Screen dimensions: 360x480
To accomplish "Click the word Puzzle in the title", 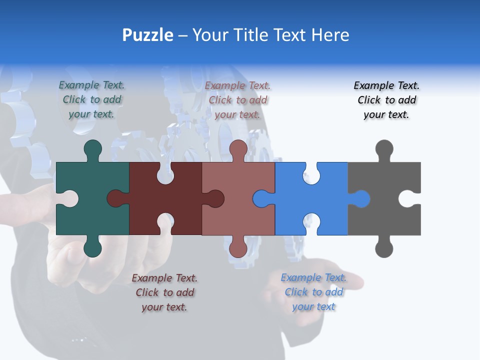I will pyautogui.click(x=148, y=35).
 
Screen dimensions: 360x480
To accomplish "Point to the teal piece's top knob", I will pyautogui.click(x=92, y=149).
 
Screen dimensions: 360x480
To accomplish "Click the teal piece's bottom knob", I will pyautogui.click(x=92, y=248).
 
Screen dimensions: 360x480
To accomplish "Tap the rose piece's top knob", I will pyautogui.click(x=238, y=149).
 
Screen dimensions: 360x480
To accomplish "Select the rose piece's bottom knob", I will pyautogui.click(x=238, y=248).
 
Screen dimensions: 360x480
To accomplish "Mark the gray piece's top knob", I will pyautogui.click(x=384, y=149).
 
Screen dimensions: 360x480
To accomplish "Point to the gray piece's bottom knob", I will pyautogui.click(x=384, y=248).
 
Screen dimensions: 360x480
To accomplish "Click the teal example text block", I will pyautogui.click(x=92, y=99).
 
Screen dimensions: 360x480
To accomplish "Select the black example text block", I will pyautogui.click(x=387, y=100).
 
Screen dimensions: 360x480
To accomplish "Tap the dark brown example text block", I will pyautogui.click(x=164, y=292).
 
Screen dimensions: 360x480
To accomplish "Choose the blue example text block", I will pyautogui.click(x=313, y=292).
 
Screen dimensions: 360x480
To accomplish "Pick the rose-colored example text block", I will pyautogui.click(x=238, y=100).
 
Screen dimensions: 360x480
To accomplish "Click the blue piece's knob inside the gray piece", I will pyautogui.click(x=361, y=199).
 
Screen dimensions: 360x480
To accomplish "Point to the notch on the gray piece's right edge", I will pyautogui.click(x=410, y=199).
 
